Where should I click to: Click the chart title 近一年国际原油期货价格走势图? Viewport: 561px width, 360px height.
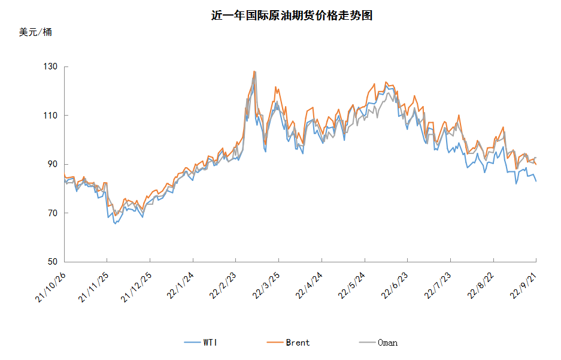[x=292, y=16]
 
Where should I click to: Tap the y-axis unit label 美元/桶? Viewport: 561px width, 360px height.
[x=35, y=32]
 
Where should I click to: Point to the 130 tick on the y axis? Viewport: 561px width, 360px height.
[x=50, y=66]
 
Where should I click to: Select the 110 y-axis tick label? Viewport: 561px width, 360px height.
[x=50, y=116]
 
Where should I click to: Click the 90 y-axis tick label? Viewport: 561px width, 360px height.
[x=53, y=164]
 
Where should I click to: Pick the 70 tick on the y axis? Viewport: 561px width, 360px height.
[x=53, y=213]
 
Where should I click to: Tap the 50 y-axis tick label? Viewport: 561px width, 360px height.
[x=53, y=262]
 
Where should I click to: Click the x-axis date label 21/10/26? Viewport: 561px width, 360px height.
[x=51, y=287]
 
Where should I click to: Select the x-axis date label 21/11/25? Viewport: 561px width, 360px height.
[x=94, y=287]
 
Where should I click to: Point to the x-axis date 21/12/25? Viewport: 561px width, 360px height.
[x=137, y=287]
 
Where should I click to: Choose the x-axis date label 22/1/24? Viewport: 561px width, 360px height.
[x=180, y=286]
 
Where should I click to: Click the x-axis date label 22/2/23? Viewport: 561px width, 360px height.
[x=223, y=286]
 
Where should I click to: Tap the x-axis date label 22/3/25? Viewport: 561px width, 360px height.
[x=266, y=286]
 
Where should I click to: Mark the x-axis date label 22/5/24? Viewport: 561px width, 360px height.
[x=351, y=286]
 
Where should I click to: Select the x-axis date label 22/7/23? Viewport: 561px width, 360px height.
[x=438, y=286]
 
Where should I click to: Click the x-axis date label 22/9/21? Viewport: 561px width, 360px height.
[x=523, y=286]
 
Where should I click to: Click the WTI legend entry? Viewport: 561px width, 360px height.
[x=201, y=343]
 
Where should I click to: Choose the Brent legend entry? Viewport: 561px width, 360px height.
[x=289, y=343]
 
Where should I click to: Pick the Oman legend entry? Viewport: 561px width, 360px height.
[x=378, y=343]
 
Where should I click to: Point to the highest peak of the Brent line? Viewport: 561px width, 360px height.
[x=254, y=71]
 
